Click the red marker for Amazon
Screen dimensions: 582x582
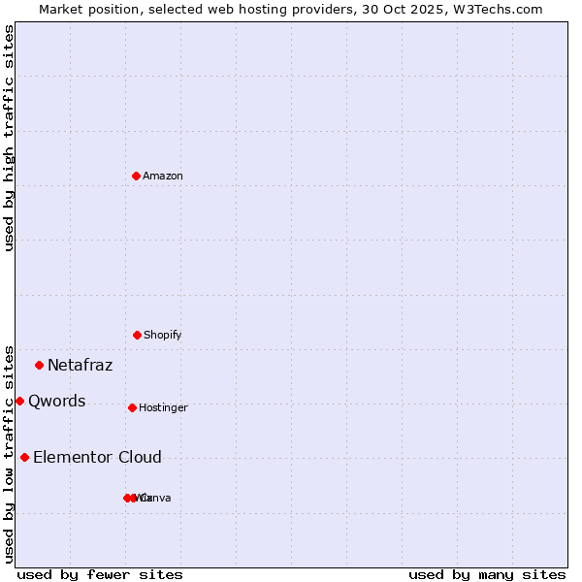pyautogui.click(x=137, y=176)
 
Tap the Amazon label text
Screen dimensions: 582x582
pyautogui.click(x=163, y=176)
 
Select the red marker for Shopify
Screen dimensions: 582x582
pyautogui.click(x=137, y=335)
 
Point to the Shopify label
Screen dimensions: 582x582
pyautogui.click(x=163, y=335)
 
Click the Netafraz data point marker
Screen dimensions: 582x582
pyautogui.click(x=40, y=365)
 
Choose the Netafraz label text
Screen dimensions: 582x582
pyautogui.click(x=80, y=366)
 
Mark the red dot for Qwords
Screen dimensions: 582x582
pyautogui.click(x=19, y=401)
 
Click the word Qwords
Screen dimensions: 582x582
pyautogui.click(x=56, y=402)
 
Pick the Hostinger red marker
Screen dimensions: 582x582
pyautogui.click(x=132, y=407)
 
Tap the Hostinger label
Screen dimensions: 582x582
pyautogui.click(x=163, y=407)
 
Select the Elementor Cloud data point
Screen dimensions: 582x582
pyautogui.click(x=24, y=457)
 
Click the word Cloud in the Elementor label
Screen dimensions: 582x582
pyautogui.click(x=141, y=458)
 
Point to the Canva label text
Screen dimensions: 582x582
pyautogui.click(x=157, y=498)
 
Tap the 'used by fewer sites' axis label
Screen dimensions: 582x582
pyautogui.click(x=100, y=574)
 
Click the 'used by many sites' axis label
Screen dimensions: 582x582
pyautogui.click(x=487, y=574)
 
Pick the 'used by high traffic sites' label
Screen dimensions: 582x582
pyautogui.click(x=9, y=138)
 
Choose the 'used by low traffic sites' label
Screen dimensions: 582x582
pyautogui.click(x=9, y=453)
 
